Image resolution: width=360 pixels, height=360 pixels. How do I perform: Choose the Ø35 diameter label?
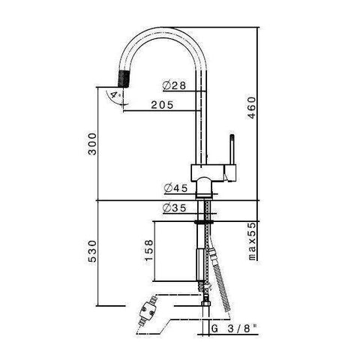pos(172,210)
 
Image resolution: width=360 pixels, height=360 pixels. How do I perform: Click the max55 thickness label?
pos(253,240)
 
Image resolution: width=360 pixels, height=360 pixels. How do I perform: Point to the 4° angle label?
pos(113,96)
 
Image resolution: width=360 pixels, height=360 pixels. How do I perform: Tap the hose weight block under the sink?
pos(199,262)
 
